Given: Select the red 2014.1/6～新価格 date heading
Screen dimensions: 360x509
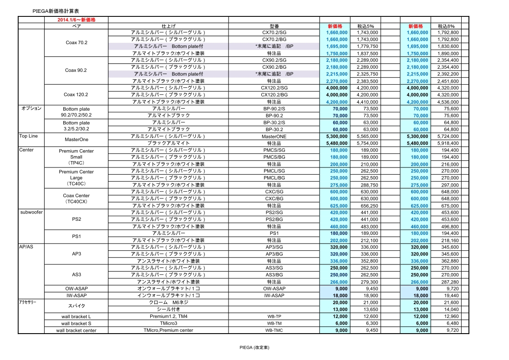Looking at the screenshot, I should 76,20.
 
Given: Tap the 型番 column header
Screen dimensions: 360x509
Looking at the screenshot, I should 274,26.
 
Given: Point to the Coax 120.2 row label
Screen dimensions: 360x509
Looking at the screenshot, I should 76,95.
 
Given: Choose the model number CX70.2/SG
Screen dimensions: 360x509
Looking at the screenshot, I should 274,33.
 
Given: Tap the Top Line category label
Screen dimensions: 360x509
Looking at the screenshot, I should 29,136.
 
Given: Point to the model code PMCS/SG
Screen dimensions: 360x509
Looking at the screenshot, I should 274,150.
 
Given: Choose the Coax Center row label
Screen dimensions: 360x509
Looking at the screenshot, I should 76,196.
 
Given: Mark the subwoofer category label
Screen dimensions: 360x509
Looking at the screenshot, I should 31,212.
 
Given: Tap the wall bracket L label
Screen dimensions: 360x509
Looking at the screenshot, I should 76,316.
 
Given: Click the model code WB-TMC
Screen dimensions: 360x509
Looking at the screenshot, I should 274,330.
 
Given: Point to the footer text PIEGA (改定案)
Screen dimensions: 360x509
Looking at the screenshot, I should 254,348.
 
